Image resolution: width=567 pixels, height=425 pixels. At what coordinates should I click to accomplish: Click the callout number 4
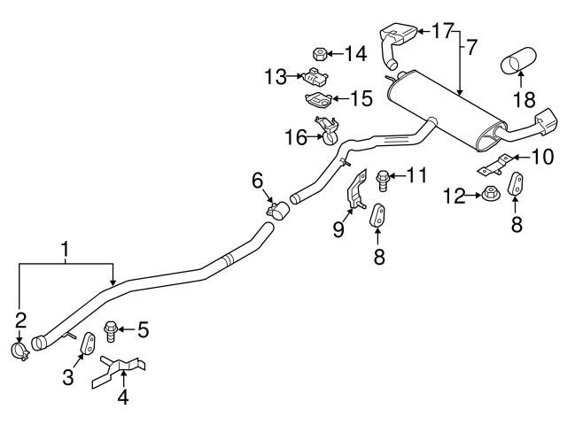pos(123,398)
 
